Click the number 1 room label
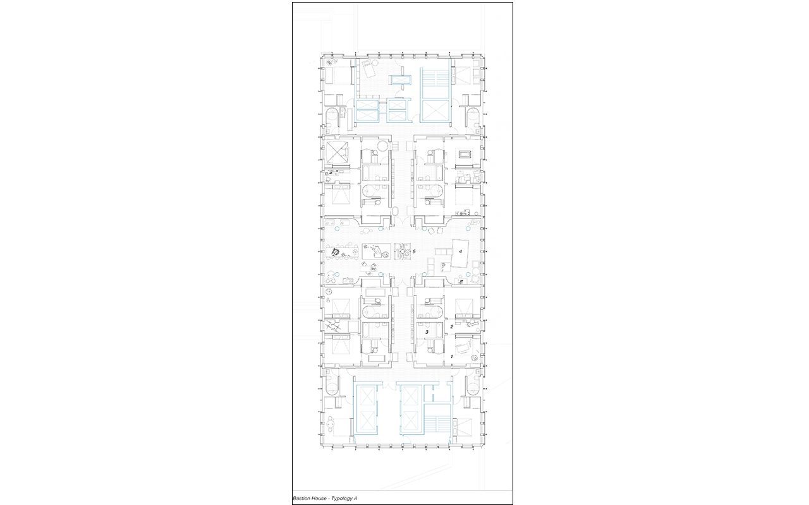(451, 357)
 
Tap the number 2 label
(451, 327)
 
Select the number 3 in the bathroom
(427, 332)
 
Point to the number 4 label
(461, 251)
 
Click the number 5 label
(414, 251)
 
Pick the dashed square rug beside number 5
(403, 251)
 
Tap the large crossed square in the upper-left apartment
(84, 152)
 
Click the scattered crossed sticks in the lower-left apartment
(80, 328)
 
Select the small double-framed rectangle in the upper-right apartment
(463, 155)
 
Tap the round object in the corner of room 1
(475, 358)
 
